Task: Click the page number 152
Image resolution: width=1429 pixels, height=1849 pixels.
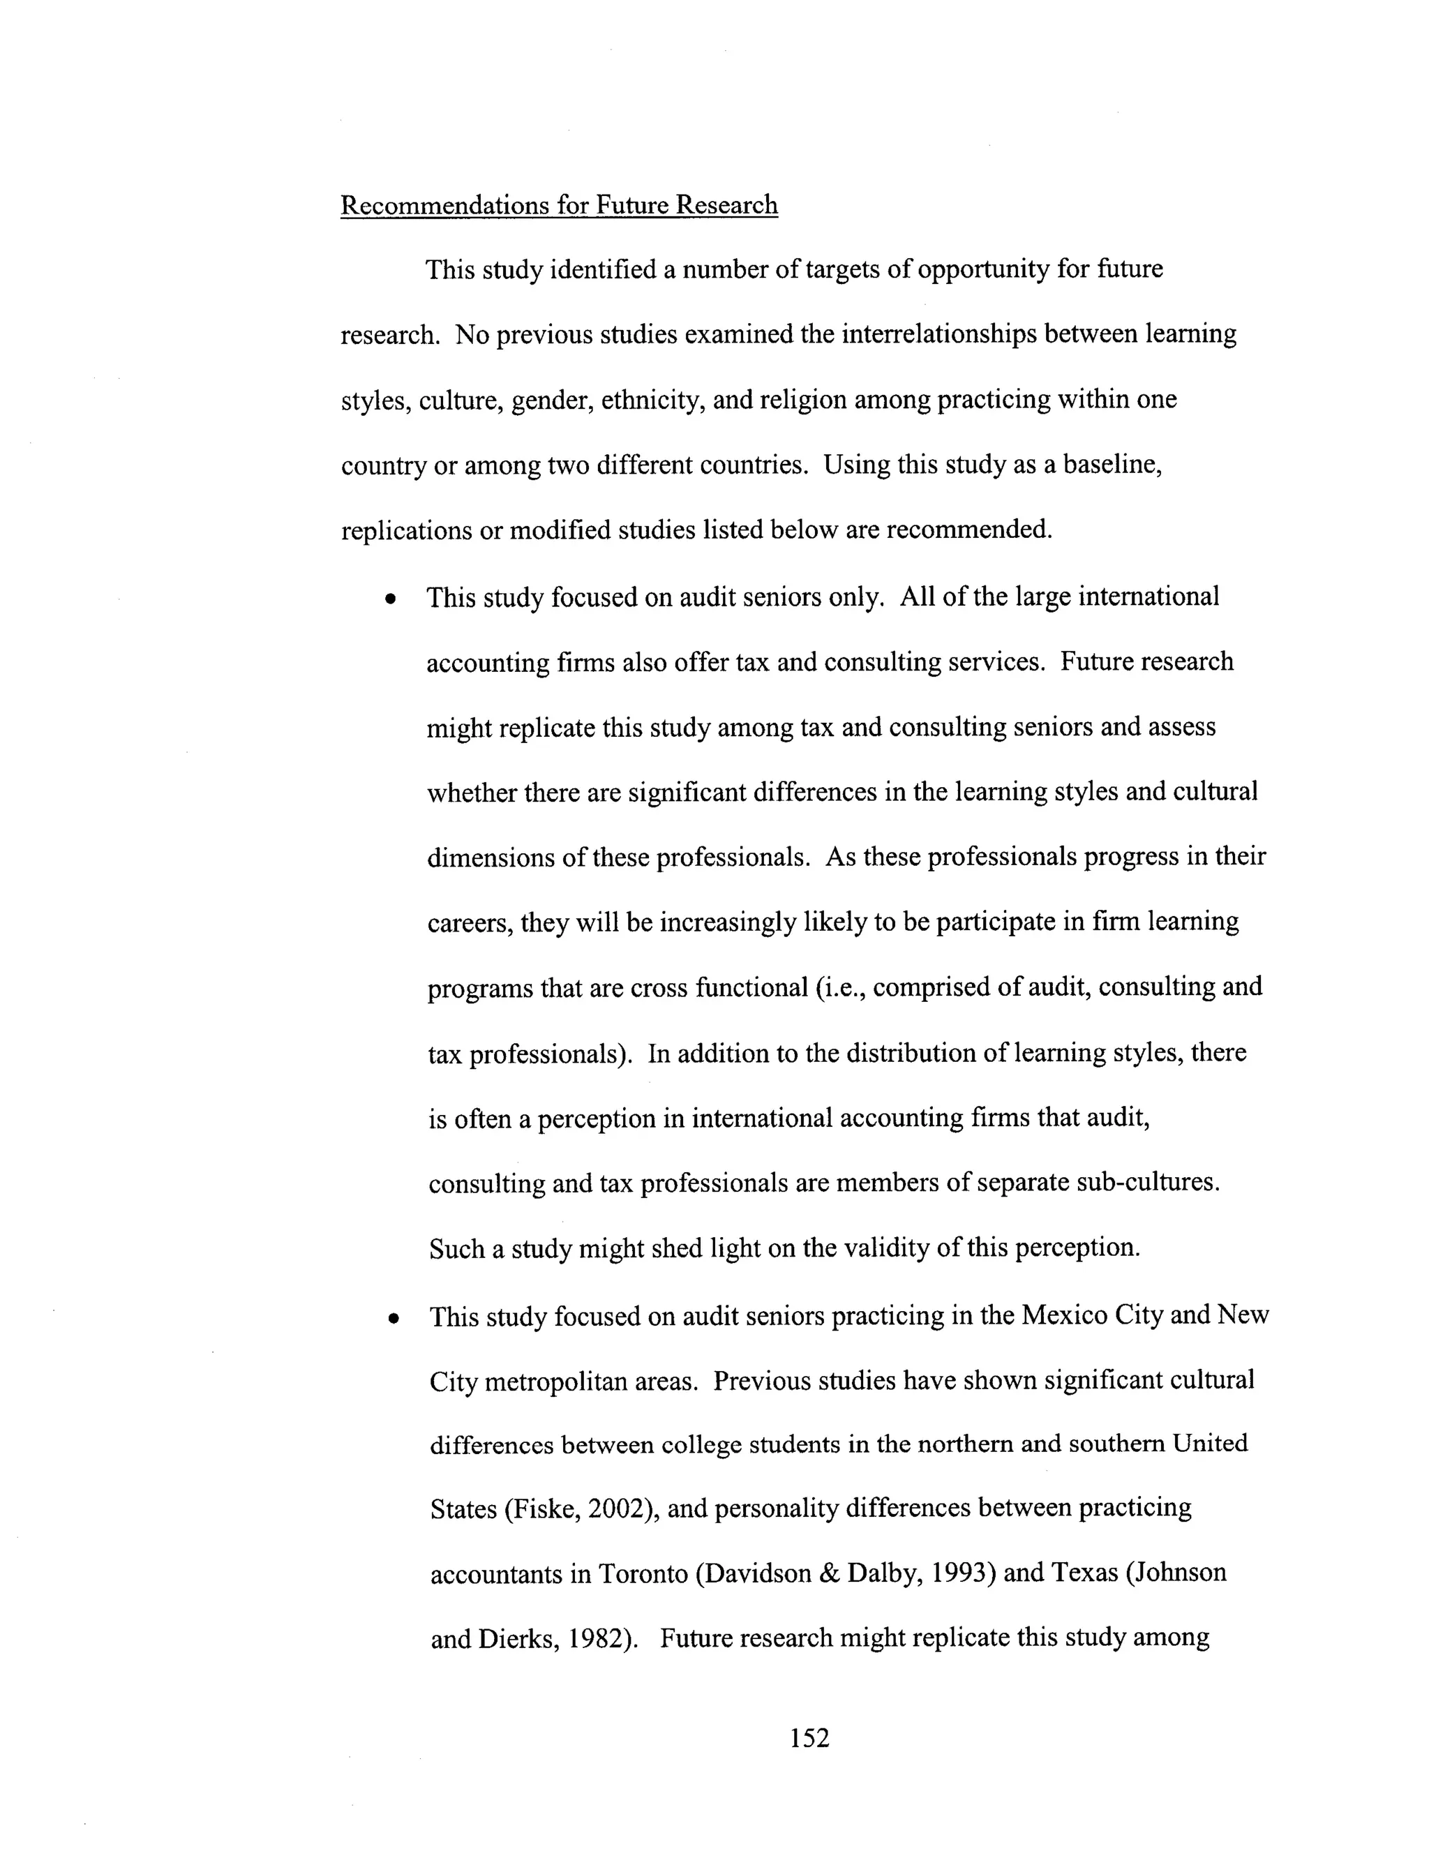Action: [x=809, y=1738]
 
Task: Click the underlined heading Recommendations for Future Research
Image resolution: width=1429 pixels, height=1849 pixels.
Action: [x=559, y=206]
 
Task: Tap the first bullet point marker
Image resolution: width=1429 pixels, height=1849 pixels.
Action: [x=389, y=599]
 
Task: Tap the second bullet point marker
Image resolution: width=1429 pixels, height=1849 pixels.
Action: [x=392, y=1319]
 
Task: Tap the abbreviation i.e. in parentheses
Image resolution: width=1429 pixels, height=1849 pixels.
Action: [x=838, y=988]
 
